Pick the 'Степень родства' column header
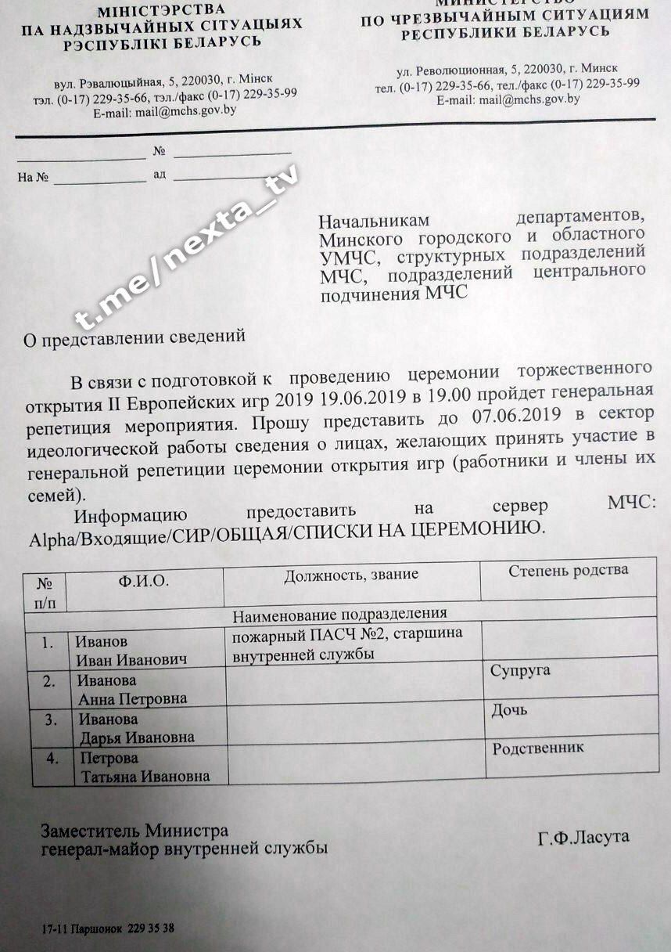[x=568, y=569]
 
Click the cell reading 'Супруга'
[x=520, y=671]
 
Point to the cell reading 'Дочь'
[x=509, y=710]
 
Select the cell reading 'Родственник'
[x=537, y=748]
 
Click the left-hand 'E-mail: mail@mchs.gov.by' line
[x=164, y=111]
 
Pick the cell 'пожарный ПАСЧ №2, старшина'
[x=347, y=633]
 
